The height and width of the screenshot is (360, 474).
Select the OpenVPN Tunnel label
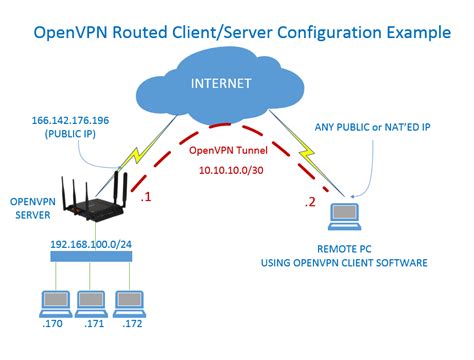coord(236,149)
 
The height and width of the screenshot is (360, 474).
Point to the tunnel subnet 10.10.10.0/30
coord(236,171)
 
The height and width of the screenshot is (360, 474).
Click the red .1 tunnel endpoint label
coord(146,197)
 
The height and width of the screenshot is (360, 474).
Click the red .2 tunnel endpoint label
coord(311,203)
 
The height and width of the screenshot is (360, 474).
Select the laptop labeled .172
coord(130,303)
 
